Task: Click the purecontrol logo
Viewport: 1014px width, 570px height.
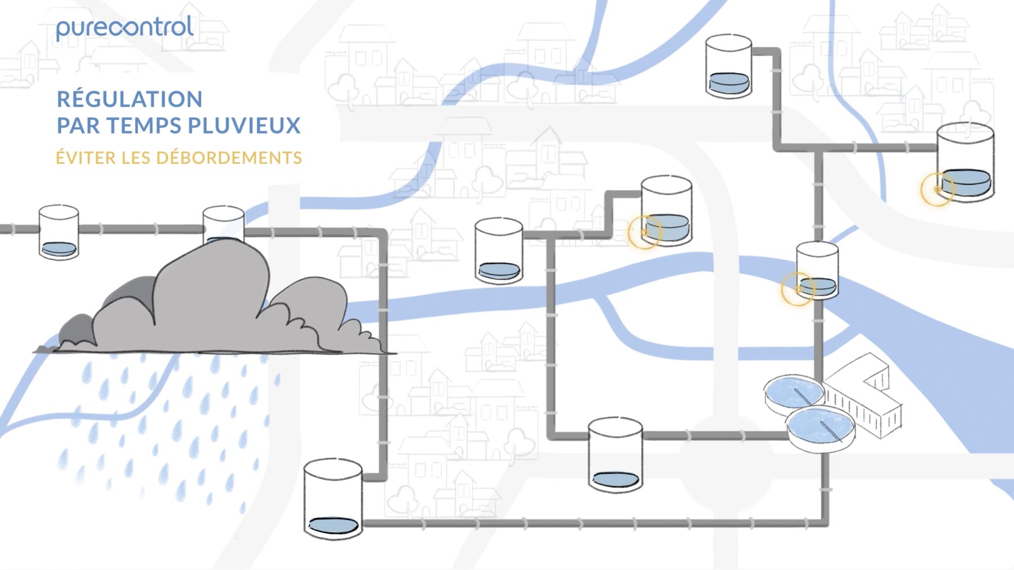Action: click(125, 28)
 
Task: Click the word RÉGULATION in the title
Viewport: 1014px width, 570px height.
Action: click(130, 100)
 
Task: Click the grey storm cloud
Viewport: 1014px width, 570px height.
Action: click(214, 304)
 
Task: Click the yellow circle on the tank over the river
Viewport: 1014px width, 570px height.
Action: click(798, 289)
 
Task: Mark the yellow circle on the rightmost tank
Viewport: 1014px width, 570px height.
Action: click(937, 189)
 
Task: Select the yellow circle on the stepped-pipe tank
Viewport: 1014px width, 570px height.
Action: click(644, 232)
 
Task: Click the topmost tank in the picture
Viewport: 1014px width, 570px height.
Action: click(729, 67)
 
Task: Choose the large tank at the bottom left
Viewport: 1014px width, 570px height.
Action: click(333, 500)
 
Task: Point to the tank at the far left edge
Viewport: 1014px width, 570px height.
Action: click(59, 232)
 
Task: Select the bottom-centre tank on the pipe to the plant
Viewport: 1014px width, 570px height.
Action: click(615, 456)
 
